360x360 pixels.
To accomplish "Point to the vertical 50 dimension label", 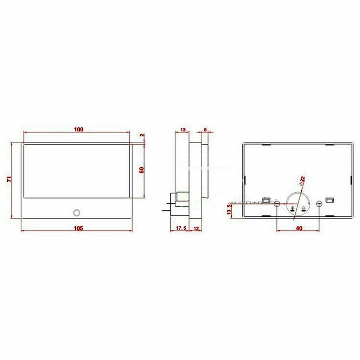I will [141, 170].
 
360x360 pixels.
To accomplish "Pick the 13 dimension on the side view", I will [183, 129].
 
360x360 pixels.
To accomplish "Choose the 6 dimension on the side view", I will [205, 129].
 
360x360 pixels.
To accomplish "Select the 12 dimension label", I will [197, 228].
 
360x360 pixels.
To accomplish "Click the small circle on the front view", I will [76, 212].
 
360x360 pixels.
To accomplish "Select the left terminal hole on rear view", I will [277, 204].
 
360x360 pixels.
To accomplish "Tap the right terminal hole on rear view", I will [319, 204].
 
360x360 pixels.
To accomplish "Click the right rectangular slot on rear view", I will [329, 200].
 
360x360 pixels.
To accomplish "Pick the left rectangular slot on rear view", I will [266, 200].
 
